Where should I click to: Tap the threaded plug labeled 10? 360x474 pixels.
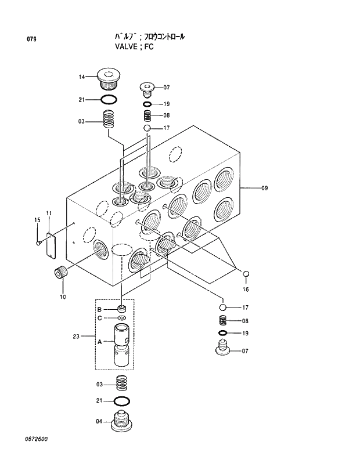tap(60, 273)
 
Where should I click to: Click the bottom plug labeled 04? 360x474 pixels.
tap(122, 420)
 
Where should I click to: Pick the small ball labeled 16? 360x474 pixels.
tap(246, 274)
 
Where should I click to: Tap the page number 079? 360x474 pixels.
tap(31, 39)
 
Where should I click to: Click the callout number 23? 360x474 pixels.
tap(76, 336)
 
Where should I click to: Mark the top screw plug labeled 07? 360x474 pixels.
tap(147, 89)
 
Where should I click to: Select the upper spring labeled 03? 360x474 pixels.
tap(108, 120)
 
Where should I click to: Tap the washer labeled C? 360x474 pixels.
tap(121, 319)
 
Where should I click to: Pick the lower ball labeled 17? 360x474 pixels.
tap(222, 307)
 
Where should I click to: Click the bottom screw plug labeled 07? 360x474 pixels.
tap(222, 350)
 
